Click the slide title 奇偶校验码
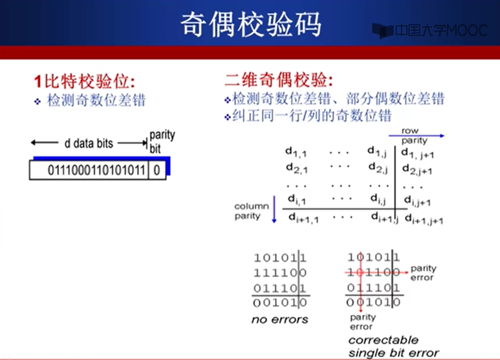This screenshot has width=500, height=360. pos(250,23)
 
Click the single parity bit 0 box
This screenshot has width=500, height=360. pos(157,170)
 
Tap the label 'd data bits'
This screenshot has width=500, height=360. pos(89,143)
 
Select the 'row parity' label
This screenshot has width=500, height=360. pos(413,135)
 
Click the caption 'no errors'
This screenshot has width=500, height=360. pos(279,319)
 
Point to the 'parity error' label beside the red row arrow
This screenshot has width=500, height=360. pos(423,272)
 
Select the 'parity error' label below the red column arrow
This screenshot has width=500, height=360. pos(362,321)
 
